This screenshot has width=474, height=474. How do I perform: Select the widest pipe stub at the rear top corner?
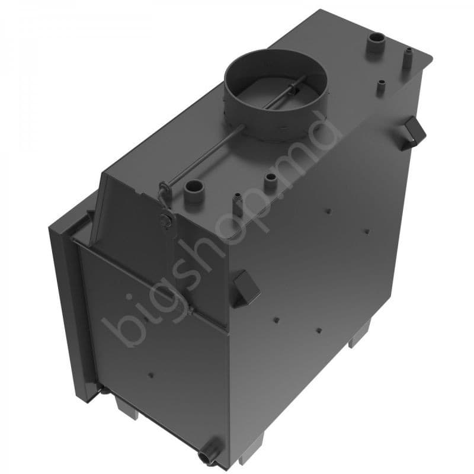point(376,41)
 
